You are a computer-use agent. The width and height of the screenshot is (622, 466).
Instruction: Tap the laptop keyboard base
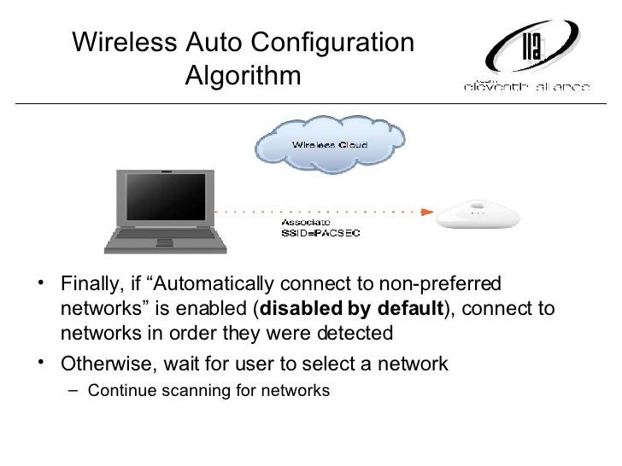click(166, 240)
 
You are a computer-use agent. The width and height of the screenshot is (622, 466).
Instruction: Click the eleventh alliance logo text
click(526, 86)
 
